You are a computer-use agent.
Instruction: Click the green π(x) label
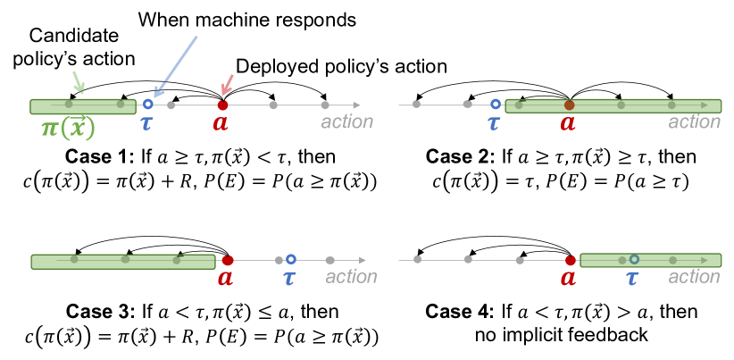(x=68, y=129)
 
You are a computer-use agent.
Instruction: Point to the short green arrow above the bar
(x=79, y=82)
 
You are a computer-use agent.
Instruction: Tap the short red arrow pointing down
(x=227, y=85)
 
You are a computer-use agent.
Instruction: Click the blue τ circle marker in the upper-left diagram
(x=148, y=105)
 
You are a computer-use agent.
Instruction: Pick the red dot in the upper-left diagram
(x=223, y=105)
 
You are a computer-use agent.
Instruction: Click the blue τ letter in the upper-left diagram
(x=146, y=122)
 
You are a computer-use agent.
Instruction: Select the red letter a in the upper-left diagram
(x=221, y=122)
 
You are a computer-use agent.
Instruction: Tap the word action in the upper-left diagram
(x=346, y=121)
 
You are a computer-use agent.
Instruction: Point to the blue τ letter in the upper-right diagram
(x=494, y=122)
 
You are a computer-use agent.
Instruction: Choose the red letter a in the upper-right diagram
(x=568, y=122)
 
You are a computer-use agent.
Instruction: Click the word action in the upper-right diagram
(x=694, y=121)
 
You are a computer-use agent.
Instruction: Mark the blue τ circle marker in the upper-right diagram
(x=496, y=105)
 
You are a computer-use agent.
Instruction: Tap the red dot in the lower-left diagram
(x=228, y=260)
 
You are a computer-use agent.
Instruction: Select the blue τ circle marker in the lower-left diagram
(x=291, y=259)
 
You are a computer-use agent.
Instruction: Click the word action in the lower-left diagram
(x=351, y=276)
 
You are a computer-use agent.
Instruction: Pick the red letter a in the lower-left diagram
(x=225, y=278)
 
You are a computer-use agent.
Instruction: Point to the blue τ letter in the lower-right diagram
(x=632, y=278)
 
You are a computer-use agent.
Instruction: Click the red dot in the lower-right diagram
(x=571, y=260)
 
